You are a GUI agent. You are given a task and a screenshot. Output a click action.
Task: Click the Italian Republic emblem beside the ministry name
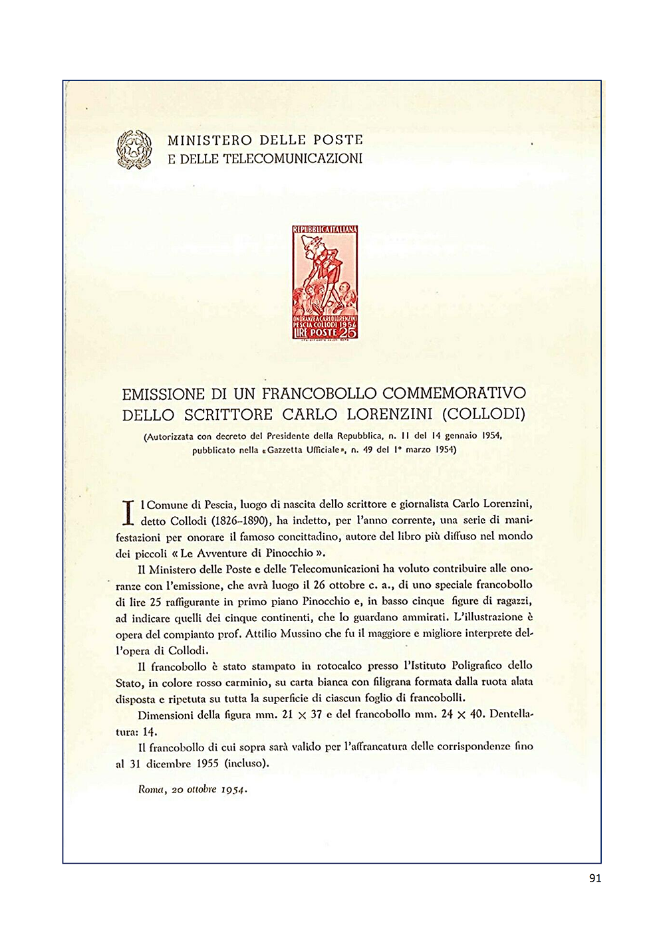click(x=134, y=149)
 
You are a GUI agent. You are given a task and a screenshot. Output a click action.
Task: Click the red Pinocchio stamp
click(x=325, y=282)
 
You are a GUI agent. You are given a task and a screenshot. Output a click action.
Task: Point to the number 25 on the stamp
click(x=348, y=332)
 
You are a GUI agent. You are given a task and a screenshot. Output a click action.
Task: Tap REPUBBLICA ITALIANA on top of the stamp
click(x=325, y=230)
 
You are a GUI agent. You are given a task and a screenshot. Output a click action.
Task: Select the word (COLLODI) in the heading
click(x=483, y=415)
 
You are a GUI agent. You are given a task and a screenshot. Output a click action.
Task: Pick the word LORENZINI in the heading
click(x=388, y=415)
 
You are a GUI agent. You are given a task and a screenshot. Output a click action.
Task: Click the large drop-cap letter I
click(x=129, y=512)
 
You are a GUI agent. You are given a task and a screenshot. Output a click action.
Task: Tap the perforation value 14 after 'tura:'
click(x=150, y=731)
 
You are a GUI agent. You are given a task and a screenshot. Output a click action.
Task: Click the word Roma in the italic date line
click(x=150, y=789)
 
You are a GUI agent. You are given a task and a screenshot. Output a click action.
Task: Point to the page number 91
click(x=595, y=878)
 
